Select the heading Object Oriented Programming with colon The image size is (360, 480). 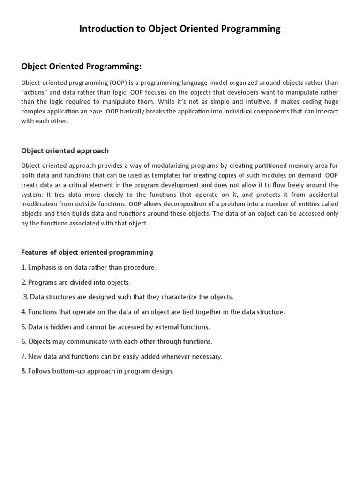tap(81, 67)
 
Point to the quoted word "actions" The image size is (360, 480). tap(35, 92)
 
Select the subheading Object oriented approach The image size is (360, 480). tap(65, 150)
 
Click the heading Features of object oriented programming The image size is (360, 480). tap(87, 252)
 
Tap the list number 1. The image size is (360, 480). tap(23, 267)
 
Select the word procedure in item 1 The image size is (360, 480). tap(140, 267)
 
